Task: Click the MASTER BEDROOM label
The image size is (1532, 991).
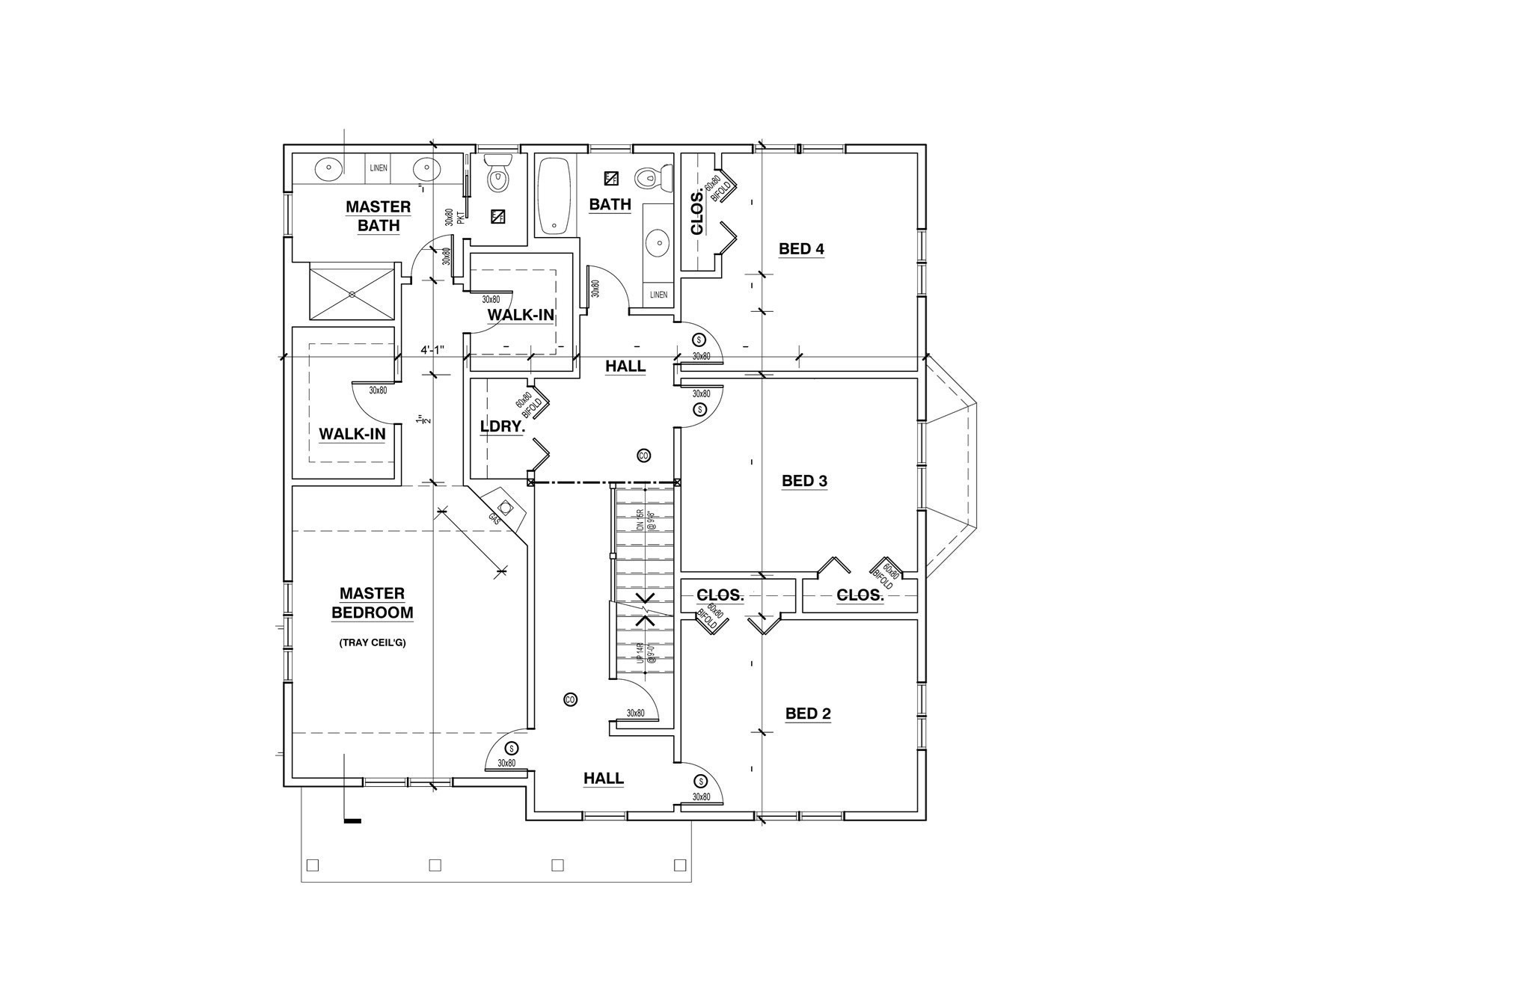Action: pyautogui.click(x=372, y=603)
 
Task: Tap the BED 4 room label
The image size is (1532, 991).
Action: pyautogui.click(x=801, y=249)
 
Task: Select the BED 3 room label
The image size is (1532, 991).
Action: pyautogui.click(x=804, y=481)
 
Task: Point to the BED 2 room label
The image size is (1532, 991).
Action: pyautogui.click(x=808, y=714)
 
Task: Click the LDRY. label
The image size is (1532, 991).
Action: pyautogui.click(x=502, y=427)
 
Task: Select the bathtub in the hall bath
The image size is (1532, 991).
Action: pyautogui.click(x=554, y=196)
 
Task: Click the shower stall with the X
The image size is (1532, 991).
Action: pyautogui.click(x=352, y=292)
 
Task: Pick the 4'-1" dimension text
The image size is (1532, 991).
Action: pyautogui.click(x=432, y=349)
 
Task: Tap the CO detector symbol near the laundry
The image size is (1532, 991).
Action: pyautogui.click(x=643, y=455)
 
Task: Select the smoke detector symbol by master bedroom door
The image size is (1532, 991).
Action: pyautogui.click(x=512, y=748)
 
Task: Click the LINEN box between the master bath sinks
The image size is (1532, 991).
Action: pyautogui.click(x=379, y=168)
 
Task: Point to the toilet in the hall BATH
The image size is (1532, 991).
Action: pyautogui.click(x=648, y=178)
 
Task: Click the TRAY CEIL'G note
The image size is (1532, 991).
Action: pyautogui.click(x=372, y=642)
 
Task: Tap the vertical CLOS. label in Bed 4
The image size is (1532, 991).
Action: pyautogui.click(x=697, y=213)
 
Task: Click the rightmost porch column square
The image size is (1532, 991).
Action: pyautogui.click(x=679, y=865)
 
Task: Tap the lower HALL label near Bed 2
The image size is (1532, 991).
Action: pyautogui.click(x=603, y=779)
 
